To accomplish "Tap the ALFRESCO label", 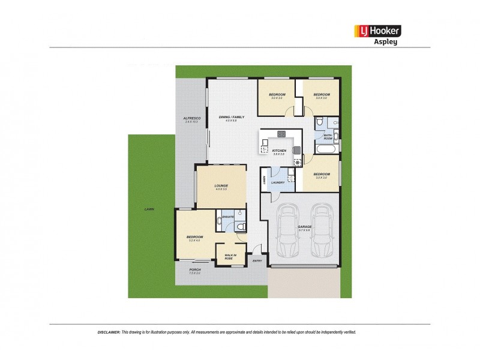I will pos(191,119).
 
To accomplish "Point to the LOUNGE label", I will pos(221,186).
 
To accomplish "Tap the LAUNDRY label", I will pos(277,182).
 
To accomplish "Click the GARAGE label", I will pos(305,226).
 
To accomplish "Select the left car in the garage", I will pos(287,230).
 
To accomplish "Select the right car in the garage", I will pos(322,230).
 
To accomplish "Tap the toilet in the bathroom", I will pos(321,122).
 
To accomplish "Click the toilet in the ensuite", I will pos(239,227).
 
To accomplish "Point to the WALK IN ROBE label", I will pos(230,256).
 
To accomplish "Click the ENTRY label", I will pos(257,260).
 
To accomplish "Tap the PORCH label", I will pos(194,270).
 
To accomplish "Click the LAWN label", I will pos(149,209).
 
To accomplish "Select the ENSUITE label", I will pos(227,216).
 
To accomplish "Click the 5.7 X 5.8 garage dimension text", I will pos(305,230).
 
